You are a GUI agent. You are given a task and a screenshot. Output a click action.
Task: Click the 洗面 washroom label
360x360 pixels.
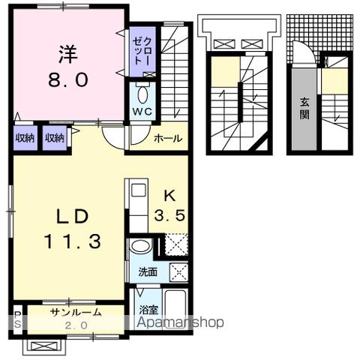pos(146,271)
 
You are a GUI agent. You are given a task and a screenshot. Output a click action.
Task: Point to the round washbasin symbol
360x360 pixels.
pos(139,246)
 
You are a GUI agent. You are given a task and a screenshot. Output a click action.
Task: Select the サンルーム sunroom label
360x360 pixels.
pos(71,310)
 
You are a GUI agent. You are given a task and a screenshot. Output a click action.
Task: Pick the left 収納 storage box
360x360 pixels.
pos(25,138)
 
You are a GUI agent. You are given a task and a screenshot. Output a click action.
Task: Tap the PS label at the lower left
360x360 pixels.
pos(17,319)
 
